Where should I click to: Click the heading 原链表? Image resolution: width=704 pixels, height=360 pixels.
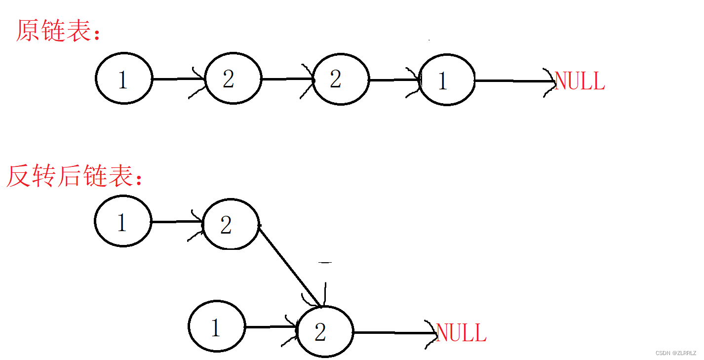pyautogui.click(x=58, y=31)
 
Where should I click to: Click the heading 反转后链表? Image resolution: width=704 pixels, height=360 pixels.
pyautogui.click(x=74, y=176)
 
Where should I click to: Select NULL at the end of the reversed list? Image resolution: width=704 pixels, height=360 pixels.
pyautogui.click(x=461, y=333)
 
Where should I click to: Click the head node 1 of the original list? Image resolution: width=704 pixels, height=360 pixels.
pyautogui.click(x=123, y=79)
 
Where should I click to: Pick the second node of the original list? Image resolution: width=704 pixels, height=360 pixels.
pyautogui.click(x=233, y=79)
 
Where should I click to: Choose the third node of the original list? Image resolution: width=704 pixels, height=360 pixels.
pyautogui.click(x=341, y=79)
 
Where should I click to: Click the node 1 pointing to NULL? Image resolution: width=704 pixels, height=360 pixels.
pyautogui.click(x=447, y=80)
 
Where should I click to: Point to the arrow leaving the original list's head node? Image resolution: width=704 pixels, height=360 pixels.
pyautogui.click(x=178, y=79)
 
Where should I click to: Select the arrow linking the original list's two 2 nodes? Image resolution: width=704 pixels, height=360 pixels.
pyautogui.click(x=286, y=79)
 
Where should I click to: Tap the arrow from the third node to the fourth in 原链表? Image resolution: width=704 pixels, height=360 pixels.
pyautogui.click(x=393, y=80)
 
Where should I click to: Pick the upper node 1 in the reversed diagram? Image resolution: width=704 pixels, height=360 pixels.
pyautogui.click(x=123, y=222)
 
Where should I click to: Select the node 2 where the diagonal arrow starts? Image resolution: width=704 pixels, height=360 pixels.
pyautogui.click(x=231, y=225)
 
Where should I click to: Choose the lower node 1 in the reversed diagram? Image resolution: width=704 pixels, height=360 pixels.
pyautogui.click(x=217, y=327)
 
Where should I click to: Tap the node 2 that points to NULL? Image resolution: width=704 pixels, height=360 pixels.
pyautogui.click(x=325, y=332)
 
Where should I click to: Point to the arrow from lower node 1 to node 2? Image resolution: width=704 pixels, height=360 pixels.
pyautogui.click(x=270, y=327)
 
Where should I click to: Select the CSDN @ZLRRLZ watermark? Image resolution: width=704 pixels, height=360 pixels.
pyautogui.click(x=675, y=353)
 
